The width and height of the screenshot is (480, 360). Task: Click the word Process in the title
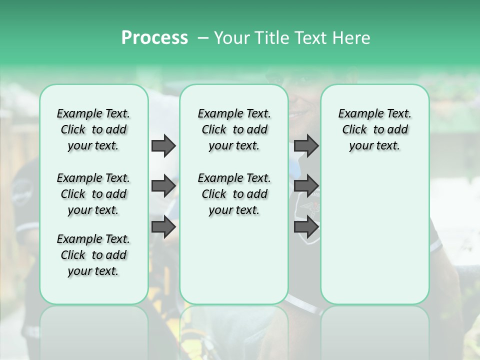point(154,38)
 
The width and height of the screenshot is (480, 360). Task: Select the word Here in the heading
point(351,38)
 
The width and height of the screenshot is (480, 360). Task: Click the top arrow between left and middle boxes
point(163,145)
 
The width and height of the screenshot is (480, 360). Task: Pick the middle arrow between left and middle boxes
point(163,186)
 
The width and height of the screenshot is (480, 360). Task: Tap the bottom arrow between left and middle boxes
point(163,226)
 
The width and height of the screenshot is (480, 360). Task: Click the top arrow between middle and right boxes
point(306,145)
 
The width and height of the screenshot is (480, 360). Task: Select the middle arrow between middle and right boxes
point(306,186)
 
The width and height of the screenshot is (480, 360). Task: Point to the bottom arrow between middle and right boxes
point(306,226)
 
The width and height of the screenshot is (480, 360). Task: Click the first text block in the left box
point(93,129)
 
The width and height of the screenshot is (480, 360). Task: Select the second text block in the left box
point(93,194)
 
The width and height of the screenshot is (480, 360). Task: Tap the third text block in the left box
point(93,255)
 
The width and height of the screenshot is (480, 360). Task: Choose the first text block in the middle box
point(234,129)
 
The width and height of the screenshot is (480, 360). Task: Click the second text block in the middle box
point(234,194)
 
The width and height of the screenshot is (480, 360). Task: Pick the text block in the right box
point(374,129)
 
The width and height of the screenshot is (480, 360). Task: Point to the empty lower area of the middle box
point(234,260)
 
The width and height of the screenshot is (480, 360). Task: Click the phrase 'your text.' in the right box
point(374,145)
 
